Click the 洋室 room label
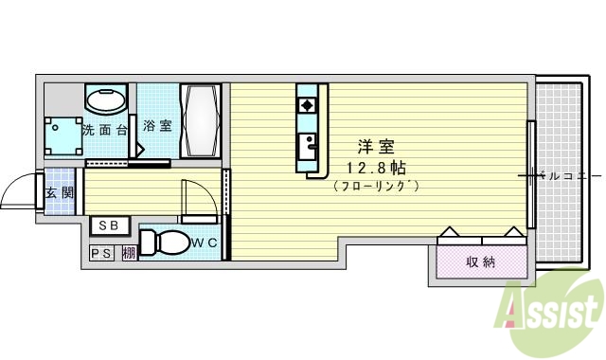[376, 148]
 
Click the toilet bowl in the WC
[165, 243]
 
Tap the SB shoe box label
[108, 226]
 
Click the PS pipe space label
[101, 254]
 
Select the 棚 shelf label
[128, 254]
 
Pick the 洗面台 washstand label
[104, 130]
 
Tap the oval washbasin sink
[105, 100]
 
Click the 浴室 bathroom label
[157, 124]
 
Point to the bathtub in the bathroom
[201, 120]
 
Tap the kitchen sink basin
[307, 146]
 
